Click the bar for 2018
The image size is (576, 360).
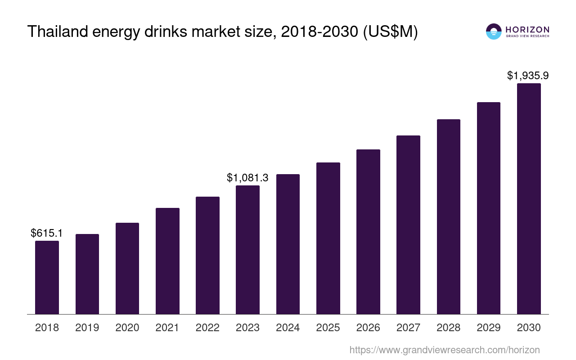(47, 277)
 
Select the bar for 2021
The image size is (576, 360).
(167, 261)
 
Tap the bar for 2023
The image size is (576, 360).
(247, 250)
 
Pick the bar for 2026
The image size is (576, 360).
(368, 232)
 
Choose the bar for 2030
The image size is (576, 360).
(529, 198)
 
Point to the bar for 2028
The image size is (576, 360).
(448, 216)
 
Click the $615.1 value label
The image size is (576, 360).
(47, 233)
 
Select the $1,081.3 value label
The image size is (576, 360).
(247, 178)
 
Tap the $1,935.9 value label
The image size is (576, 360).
(528, 76)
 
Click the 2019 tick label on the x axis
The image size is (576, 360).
(87, 328)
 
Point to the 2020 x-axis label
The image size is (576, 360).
(127, 328)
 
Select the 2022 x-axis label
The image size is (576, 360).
(207, 328)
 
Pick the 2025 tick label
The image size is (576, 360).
(328, 328)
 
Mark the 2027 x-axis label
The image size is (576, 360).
(408, 328)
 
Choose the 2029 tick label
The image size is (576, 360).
(489, 328)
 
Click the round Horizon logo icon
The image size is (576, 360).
(493, 31)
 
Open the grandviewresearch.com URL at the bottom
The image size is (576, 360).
(445, 350)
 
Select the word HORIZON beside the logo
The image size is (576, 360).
(527, 29)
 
